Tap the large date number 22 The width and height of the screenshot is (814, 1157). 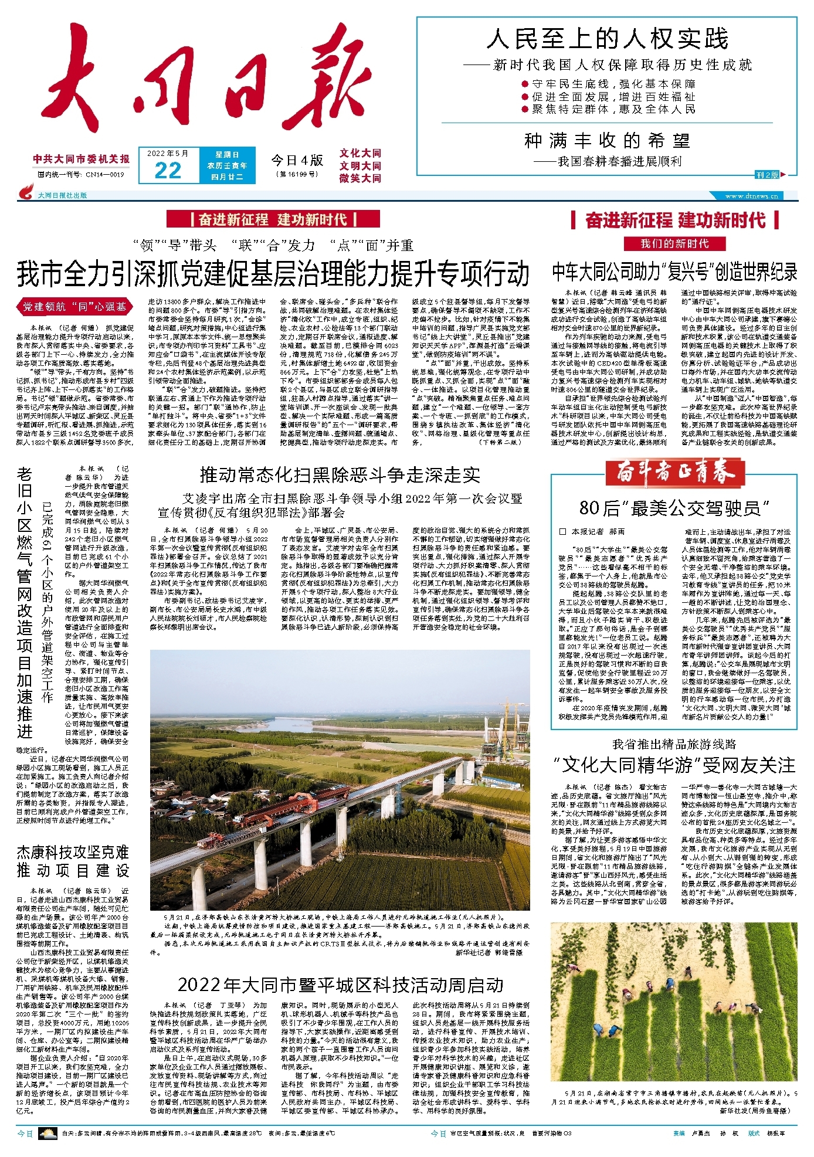pos(168,171)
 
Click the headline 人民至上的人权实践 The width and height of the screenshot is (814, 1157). pos(607,39)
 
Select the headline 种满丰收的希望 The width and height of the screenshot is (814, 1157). pos(607,141)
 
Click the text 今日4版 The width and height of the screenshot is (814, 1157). pos(297,160)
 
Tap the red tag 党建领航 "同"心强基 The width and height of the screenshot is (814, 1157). pos(74,306)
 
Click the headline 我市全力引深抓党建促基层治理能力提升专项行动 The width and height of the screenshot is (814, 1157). pos(273,273)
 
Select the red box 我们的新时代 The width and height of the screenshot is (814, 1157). pos(674,243)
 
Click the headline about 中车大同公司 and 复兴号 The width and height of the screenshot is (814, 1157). pos(674,272)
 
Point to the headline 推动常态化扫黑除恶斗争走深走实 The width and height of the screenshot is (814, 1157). pos(340,474)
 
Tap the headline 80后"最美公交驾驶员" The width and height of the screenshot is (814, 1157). pos(674,508)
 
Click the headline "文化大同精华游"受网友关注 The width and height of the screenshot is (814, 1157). pos(674,765)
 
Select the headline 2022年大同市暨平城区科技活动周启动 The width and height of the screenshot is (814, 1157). pos(340,985)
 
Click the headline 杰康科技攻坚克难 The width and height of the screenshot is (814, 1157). pos(73,853)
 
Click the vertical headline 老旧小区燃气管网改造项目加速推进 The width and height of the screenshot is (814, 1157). pos(25,604)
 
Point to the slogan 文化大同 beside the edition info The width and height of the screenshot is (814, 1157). pos(360,153)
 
